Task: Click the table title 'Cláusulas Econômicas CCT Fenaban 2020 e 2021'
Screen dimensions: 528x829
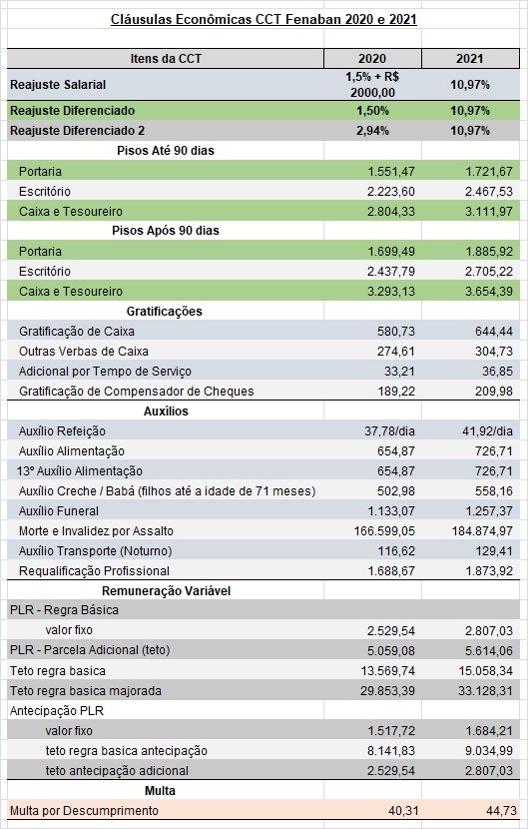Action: pyautogui.click(x=264, y=20)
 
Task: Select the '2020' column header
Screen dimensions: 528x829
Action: pyautogui.click(x=372, y=59)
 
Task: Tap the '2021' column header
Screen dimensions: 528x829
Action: pyautogui.click(x=470, y=59)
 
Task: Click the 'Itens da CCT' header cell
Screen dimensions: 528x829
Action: pyautogui.click(x=166, y=59)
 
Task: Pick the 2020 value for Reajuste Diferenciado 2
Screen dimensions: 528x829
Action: pyautogui.click(x=372, y=131)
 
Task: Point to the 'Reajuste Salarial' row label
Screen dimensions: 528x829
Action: pyautogui.click(x=58, y=85)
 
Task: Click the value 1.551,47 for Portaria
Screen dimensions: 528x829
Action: pyautogui.click(x=391, y=172)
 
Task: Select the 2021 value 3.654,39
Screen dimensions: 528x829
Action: pyautogui.click(x=489, y=292)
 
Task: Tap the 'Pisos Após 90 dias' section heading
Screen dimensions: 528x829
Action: pyautogui.click(x=166, y=231)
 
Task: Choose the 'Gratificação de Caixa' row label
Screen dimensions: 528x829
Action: pyautogui.click(x=77, y=332)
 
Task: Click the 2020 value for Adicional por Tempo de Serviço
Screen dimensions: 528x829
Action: pyautogui.click(x=399, y=372)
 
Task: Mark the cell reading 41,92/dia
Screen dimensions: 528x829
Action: pyautogui.click(x=487, y=430)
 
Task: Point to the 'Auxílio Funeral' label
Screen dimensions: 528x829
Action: pyautogui.click(x=59, y=511)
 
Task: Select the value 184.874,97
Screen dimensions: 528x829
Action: pyautogui.click(x=482, y=530)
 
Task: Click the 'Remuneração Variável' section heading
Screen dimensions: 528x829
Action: pyautogui.click(x=167, y=590)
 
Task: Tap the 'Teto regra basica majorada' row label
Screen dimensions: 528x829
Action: pyautogui.click(x=86, y=691)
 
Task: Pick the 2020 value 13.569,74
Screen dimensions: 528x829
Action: pyautogui.click(x=388, y=671)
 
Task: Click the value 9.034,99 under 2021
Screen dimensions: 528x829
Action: pyautogui.click(x=489, y=751)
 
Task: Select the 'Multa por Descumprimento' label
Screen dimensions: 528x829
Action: pyautogui.click(x=84, y=810)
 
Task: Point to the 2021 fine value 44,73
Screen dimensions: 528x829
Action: pyautogui.click(x=498, y=810)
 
